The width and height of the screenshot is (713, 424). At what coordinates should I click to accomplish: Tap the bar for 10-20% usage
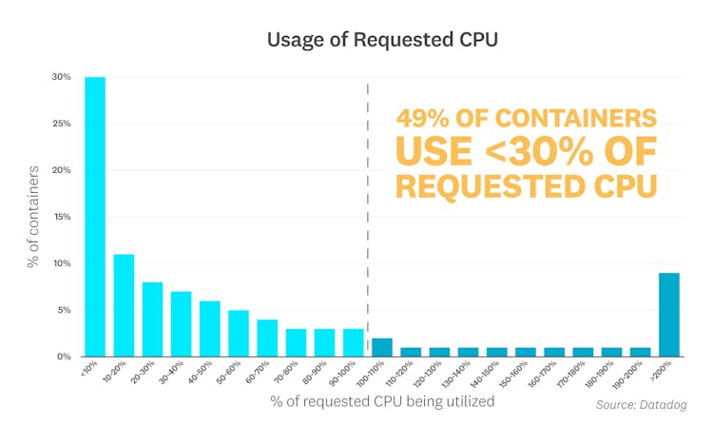[124, 305]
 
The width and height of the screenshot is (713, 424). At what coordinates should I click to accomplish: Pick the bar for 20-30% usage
[152, 319]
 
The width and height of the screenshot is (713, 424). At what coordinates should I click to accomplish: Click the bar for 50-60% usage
[239, 333]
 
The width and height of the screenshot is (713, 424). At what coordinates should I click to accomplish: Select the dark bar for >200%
[669, 315]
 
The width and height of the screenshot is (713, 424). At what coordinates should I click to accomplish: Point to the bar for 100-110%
[382, 347]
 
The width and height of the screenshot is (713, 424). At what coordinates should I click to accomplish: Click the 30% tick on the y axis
[61, 77]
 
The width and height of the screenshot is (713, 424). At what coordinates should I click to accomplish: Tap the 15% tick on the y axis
[61, 217]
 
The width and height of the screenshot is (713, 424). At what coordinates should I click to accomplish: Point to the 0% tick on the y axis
[63, 357]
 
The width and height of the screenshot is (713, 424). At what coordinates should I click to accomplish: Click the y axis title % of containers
[33, 217]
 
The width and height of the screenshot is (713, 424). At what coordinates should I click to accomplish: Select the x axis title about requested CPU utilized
[382, 401]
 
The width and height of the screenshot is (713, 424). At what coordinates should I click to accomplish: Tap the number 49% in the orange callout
[428, 119]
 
